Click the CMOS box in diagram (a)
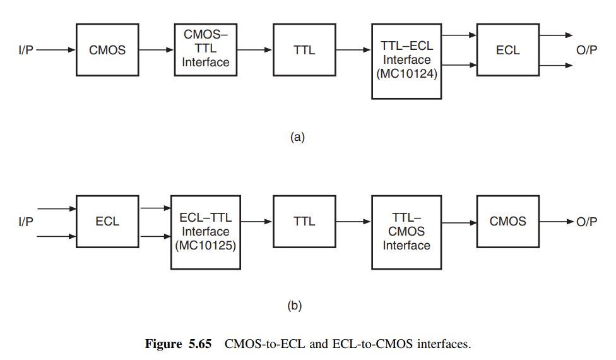[x=107, y=50]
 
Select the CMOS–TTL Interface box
[x=205, y=49]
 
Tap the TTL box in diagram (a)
[x=304, y=50]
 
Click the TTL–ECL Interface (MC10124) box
[x=406, y=61]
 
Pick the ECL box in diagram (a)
[x=507, y=50]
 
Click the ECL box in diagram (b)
[x=107, y=222]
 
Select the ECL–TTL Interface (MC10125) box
[x=205, y=232]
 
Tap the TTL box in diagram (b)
[x=304, y=222]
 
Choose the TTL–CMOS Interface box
[x=406, y=232]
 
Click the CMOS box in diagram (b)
[x=507, y=222]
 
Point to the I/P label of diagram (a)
[x=26, y=50]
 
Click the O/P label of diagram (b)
[x=586, y=222]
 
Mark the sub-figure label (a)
[x=297, y=136]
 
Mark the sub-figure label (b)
[x=294, y=306]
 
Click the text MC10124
[x=407, y=74]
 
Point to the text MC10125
[x=206, y=246]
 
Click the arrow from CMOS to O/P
[x=556, y=222]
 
